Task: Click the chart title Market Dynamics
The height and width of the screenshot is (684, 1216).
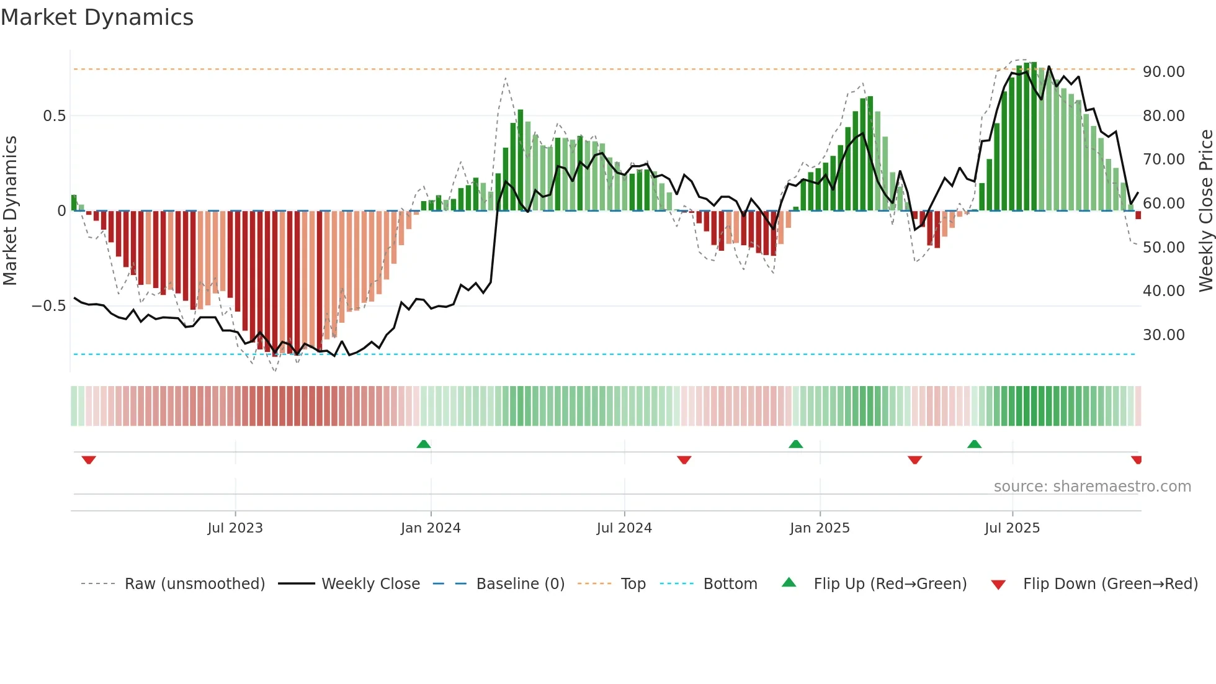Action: click(97, 17)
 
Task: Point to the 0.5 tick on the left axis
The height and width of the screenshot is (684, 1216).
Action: click(54, 116)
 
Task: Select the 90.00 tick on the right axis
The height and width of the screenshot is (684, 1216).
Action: click(1163, 72)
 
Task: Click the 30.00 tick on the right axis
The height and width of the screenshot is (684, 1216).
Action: click(1163, 335)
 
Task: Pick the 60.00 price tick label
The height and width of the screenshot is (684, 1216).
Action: click(1163, 204)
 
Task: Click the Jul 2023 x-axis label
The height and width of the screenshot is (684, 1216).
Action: click(235, 528)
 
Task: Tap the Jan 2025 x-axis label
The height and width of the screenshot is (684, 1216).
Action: click(820, 528)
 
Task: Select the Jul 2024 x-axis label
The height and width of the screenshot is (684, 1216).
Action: click(624, 528)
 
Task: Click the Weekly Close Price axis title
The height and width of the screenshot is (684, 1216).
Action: click(1205, 211)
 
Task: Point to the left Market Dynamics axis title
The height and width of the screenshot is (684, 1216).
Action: click(10, 211)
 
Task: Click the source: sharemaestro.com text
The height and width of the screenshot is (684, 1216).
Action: click(1092, 487)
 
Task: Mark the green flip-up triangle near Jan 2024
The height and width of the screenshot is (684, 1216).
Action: click(424, 444)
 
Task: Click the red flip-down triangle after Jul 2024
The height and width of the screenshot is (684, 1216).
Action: click(684, 459)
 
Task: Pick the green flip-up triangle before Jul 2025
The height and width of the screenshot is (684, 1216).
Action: click(974, 444)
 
